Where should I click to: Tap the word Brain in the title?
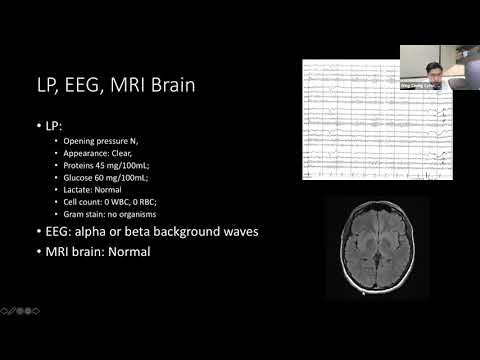[x=170, y=86]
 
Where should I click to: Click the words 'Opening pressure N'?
[x=104, y=146]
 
